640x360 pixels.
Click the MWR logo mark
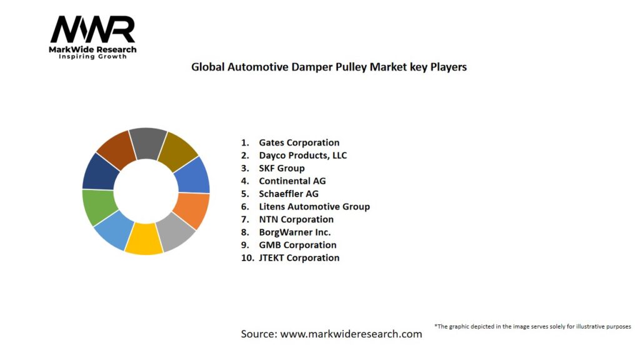point(92,29)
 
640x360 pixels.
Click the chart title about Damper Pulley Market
point(329,67)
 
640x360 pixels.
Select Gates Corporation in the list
point(299,142)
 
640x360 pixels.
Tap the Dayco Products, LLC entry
point(302,155)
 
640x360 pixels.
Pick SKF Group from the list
point(281,168)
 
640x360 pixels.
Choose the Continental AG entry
point(292,181)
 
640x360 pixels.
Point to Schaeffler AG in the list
point(288,194)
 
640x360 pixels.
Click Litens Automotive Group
point(314,206)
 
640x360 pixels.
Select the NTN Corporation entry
point(296,219)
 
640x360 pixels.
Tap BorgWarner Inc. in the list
point(294,232)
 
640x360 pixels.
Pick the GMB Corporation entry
point(297,245)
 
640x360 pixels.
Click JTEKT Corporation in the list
point(299,257)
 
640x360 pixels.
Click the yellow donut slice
point(144,239)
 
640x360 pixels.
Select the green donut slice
point(99,206)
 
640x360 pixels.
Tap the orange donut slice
point(192,210)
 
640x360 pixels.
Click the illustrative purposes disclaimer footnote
point(532,326)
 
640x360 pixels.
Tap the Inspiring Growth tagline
point(92,56)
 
